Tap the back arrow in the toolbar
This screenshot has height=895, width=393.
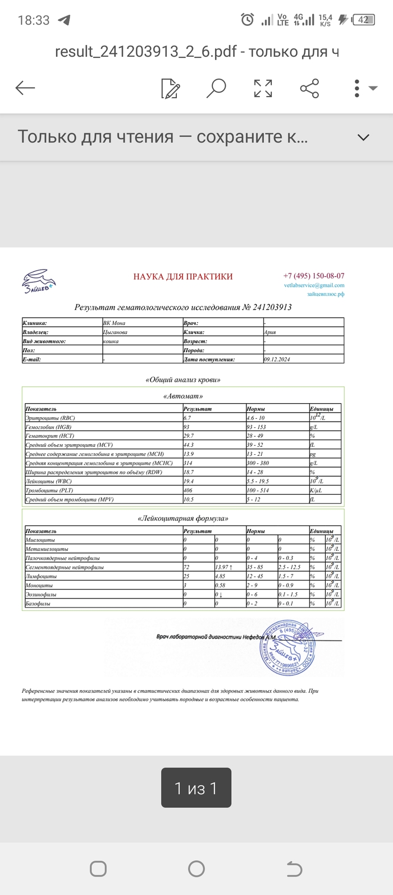pyautogui.click(x=25, y=88)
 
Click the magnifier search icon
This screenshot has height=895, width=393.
pyautogui.click(x=216, y=88)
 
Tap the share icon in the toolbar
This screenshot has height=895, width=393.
pyautogui.click(x=309, y=88)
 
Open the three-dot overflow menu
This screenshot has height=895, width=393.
pyautogui.click(x=357, y=88)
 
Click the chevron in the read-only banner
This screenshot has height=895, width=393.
pyautogui.click(x=363, y=137)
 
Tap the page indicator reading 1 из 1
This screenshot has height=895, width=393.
pyautogui.click(x=196, y=788)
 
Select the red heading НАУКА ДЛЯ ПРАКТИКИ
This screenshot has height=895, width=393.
pyautogui.click(x=183, y=276)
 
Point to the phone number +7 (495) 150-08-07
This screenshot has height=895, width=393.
pyautogui.click(x=314, y=276)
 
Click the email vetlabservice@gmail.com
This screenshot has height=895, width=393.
pyautogui.click(x=314, y=285)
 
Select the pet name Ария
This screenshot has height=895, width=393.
pyautogui.click(x=269, y=332)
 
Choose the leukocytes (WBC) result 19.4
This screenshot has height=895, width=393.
pyautogui.click(x=189, y=481)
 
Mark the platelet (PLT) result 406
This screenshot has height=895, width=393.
pyautogui.click(x=189, y=490)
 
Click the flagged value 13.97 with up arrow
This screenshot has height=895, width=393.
pyautogui.click(x=224, y=567)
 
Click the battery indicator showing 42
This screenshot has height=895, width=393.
pyautogui.click(x=363, y=20)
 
